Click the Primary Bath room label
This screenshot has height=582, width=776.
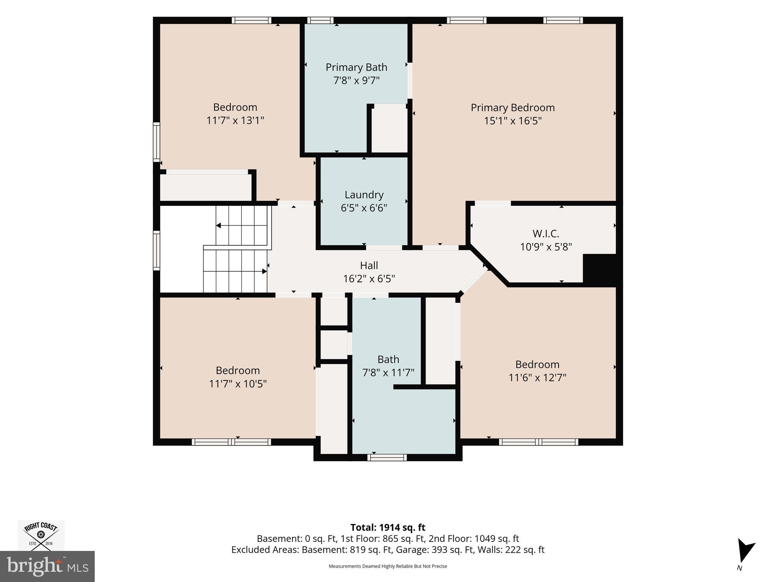(356, 67)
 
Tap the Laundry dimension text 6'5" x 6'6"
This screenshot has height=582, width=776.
(364, 208)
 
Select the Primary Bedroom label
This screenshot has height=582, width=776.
(513, 108)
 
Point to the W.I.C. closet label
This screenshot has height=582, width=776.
(546, 233)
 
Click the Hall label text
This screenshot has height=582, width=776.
(369, 265)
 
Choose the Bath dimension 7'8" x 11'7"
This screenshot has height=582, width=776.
(388, 373)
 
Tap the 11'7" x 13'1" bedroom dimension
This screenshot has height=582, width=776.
(235, 120)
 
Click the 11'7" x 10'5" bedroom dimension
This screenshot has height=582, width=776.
(238, 384)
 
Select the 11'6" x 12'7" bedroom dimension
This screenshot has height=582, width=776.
(537, 378)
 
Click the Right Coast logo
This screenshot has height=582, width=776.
(41, 535)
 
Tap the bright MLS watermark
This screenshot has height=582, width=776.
(47, 566)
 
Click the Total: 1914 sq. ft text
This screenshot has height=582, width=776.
(388, 527)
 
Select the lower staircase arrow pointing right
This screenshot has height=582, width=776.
(235, 271)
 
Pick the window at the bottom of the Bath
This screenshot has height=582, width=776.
(387, 457)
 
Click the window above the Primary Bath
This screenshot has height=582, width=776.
(320, 20)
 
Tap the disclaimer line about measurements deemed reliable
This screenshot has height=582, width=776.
(388, 566)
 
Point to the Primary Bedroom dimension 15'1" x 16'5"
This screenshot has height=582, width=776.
(513, 121)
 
